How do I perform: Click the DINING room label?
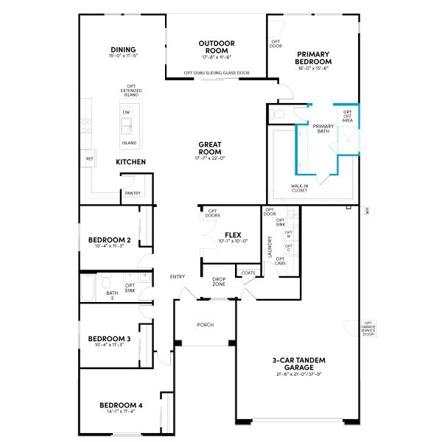pyautogui.click(x=123, y=50)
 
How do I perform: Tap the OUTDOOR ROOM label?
pyautogui.click(x=217, y=46)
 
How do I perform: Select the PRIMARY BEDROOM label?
pyautogui.click(x=313, y=58)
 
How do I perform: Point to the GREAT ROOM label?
pyautogui.click(x=210, y=148)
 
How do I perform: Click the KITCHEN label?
pyautogui.click(x=130, y=161)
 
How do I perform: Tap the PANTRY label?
pyautogui.click(x=133, y=193)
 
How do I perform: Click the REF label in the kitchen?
pyautogui.click(x=90, y=158)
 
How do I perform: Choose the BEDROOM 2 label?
pyautogui.click(x=110, y=240)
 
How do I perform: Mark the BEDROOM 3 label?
pyautogui.click(x=110, y=339)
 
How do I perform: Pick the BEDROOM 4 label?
pyautogui.click(x=121, y=405)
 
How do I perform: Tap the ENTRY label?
pyautogui.click(x=178, y=276)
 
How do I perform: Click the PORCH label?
pyautogui.click(x=205, y=324)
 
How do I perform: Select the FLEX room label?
pyautogui.click(x=233, y=235)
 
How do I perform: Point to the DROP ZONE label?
pyautogui.click(x=219, y=281)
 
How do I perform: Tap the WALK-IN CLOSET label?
pyautogui.click(x=299, y=189)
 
